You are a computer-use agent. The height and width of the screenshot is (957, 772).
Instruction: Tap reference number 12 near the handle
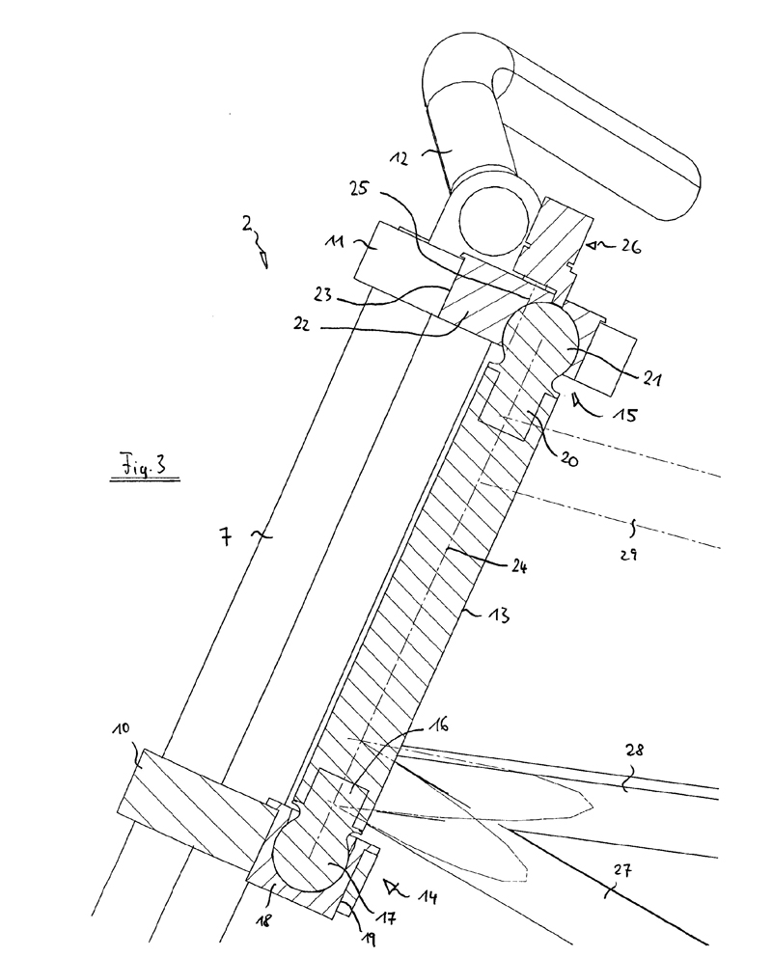[x=400, y=158]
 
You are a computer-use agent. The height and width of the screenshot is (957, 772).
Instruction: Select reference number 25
[x=358, y=188]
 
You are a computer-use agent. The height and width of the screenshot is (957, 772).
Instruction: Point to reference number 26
[x=630, y=247]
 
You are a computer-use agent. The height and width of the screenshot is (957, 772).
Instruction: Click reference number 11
[x=335, y=241]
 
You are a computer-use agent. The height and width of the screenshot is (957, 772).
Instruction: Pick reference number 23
[x=322, y=295]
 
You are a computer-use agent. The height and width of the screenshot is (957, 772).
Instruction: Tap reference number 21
[x=650, y=378]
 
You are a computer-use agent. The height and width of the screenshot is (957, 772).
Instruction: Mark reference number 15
[x=626, y=414]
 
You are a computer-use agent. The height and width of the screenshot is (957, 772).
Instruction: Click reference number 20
[x=568, y=459]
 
